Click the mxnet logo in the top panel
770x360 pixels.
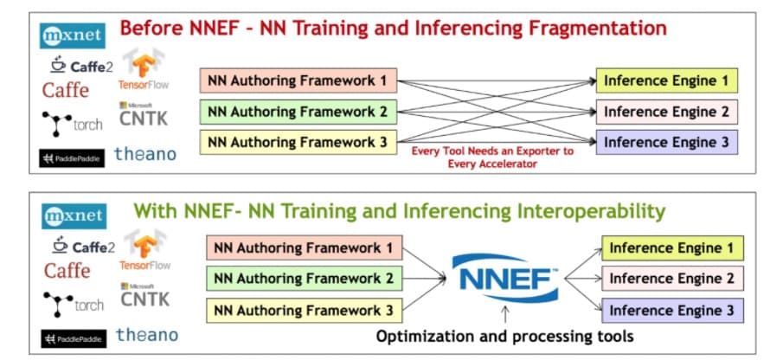(x=73, y=37)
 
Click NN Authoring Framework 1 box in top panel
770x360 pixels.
(x=298, y=82)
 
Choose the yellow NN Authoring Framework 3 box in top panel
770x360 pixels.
(x=298, y=141)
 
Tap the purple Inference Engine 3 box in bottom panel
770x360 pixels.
(x=671, y=309)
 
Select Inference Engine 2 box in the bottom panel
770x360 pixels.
(x=671, y=279)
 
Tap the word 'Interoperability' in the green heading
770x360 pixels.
(x=576, y=210)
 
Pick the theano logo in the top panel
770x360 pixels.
(x=146, y=153)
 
